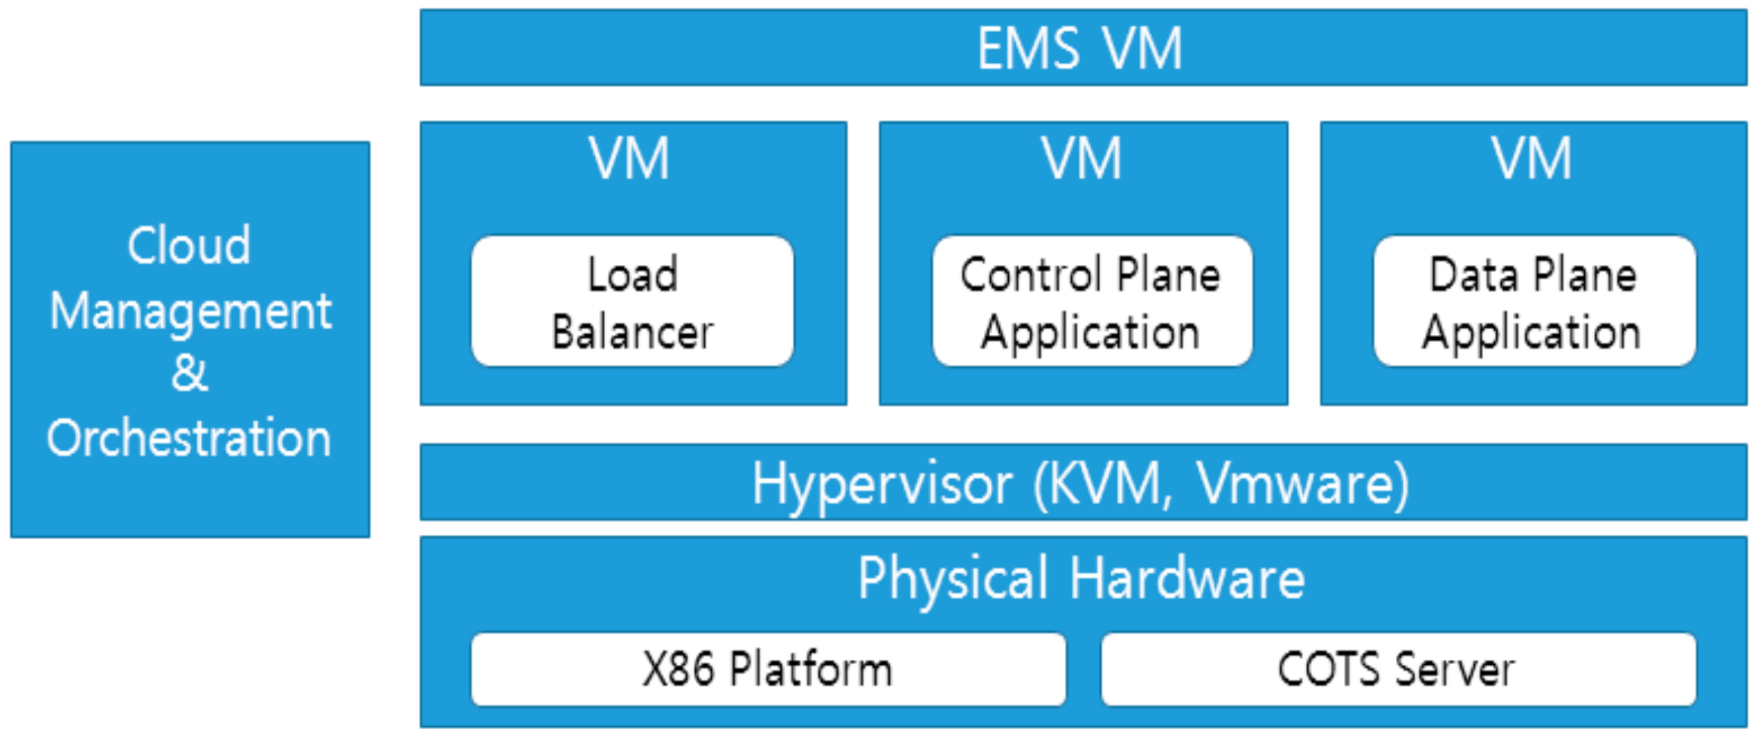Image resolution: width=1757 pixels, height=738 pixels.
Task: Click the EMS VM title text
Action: tap(1079, 49)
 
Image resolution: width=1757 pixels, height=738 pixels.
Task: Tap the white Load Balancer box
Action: tap(632, 301)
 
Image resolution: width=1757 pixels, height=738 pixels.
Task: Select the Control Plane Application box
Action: tap(1091, 301)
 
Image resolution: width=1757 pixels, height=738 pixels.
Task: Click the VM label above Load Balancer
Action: tap(629, 159)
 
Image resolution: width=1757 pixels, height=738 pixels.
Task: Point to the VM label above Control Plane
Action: tap(1081, 159)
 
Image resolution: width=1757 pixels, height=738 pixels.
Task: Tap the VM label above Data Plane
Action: tap(1532, 159)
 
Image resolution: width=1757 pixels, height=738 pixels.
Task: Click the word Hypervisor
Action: tap(882, 485)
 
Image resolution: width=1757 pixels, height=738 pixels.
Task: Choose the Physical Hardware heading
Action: tap(1081, 579)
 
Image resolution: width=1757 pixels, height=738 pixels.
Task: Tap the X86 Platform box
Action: tap(767, 670)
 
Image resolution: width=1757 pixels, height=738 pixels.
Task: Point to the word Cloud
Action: tap(189, 246)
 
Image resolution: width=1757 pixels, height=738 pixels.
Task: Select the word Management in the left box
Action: tap(190, 312)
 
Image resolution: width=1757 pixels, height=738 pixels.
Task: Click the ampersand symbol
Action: tap(190, 373)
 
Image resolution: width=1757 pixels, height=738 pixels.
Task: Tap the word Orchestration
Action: tap(189, 438)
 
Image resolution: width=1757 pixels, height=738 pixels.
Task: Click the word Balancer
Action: tap(632, 333)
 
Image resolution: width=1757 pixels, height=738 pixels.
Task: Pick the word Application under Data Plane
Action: tap(1531, 333)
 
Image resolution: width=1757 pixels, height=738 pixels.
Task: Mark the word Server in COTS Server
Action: tap(1455, 670)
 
